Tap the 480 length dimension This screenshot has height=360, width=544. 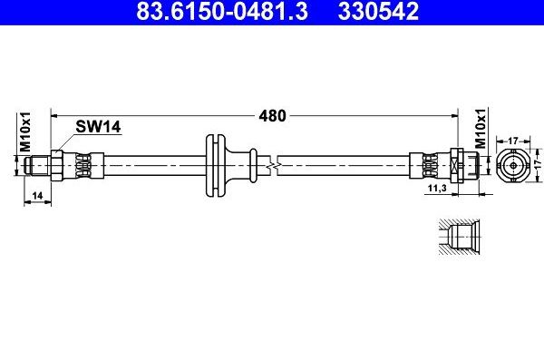(x=272, y=115)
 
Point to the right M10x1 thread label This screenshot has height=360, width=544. (x=481, y=131)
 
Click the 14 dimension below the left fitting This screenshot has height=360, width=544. (x=36, y=195)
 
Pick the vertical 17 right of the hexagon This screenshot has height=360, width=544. (x=537, y=165)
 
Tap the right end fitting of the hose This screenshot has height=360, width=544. (x=463, y=165)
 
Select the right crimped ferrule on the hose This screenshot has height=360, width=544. (x=429, y=165)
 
